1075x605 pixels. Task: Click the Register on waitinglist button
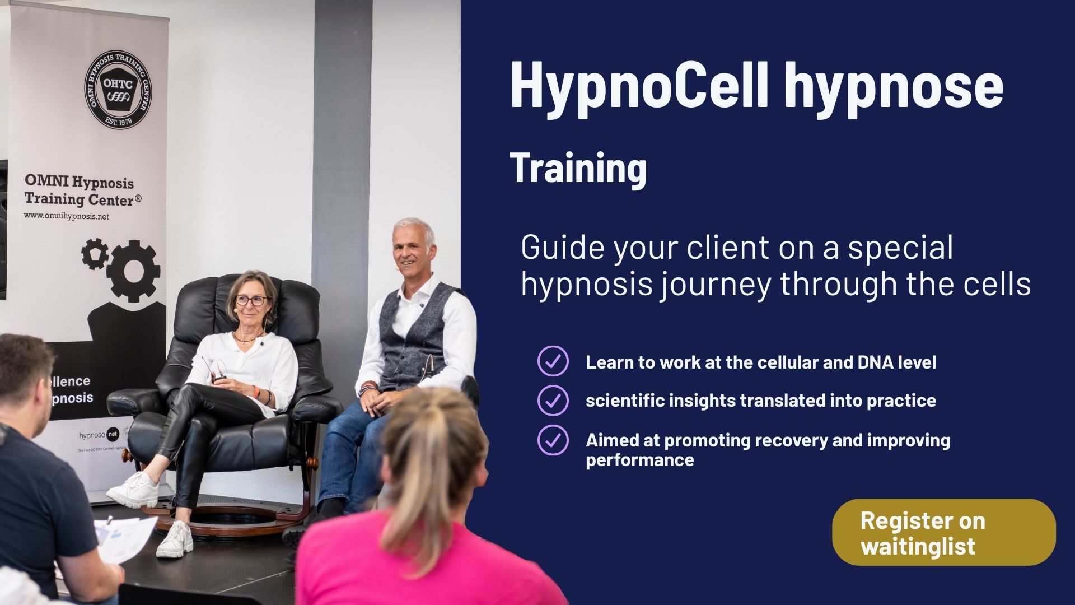point(943,532)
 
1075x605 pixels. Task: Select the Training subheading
point(578,167)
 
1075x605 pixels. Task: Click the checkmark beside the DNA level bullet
point(553,361)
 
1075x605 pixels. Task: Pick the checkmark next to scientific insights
point(553,400)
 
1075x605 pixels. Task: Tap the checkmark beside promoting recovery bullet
point(553,440)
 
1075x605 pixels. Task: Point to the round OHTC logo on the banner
point(118,89)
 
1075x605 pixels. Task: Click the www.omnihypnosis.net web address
point(66,216)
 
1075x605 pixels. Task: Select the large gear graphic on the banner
point(133,271)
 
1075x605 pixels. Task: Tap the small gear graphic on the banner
point(95,253)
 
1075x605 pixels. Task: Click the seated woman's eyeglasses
point(250,300)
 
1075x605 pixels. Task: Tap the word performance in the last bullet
point(640,460)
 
